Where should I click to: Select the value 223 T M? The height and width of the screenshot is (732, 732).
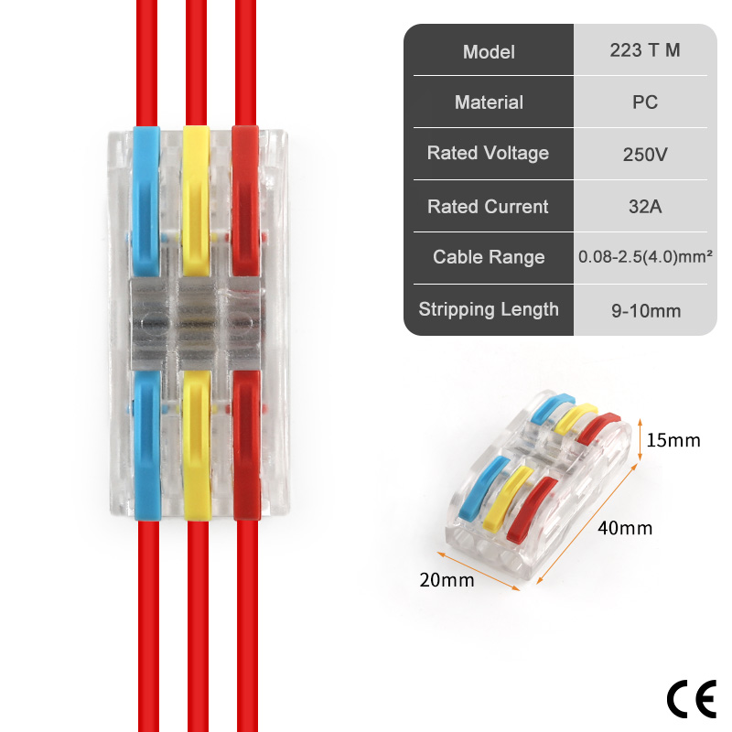(645, 50)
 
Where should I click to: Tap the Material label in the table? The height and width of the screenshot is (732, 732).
(489, 102)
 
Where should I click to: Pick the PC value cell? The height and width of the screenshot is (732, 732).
(645, 102)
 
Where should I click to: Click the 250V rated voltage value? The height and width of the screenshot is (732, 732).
(645, 155)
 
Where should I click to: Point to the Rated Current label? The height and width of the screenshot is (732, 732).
(488, 207)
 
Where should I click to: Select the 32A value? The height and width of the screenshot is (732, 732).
(645, 207)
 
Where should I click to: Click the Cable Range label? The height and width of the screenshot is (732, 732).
(489, 257)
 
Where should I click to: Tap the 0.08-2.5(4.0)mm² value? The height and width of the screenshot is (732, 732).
(645, 256)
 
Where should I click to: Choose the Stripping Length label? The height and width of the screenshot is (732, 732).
(489, 309)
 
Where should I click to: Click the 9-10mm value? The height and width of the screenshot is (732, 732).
(646, 311)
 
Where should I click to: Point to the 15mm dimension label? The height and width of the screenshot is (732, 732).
(673, 440)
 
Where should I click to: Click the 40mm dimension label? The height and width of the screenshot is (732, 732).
(625, 528)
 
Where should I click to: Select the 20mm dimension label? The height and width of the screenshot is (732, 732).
(447, 580)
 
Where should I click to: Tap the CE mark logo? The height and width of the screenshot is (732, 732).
(692, 699)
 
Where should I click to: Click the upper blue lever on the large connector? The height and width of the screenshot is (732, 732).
(146, 200)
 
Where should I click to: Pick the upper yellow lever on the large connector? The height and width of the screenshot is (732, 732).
(196, 200)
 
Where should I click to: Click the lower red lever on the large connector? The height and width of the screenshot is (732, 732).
(246, 446)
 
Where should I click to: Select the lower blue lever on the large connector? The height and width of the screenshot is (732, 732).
(147, 446)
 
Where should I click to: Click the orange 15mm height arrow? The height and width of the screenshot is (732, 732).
(640, 440)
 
